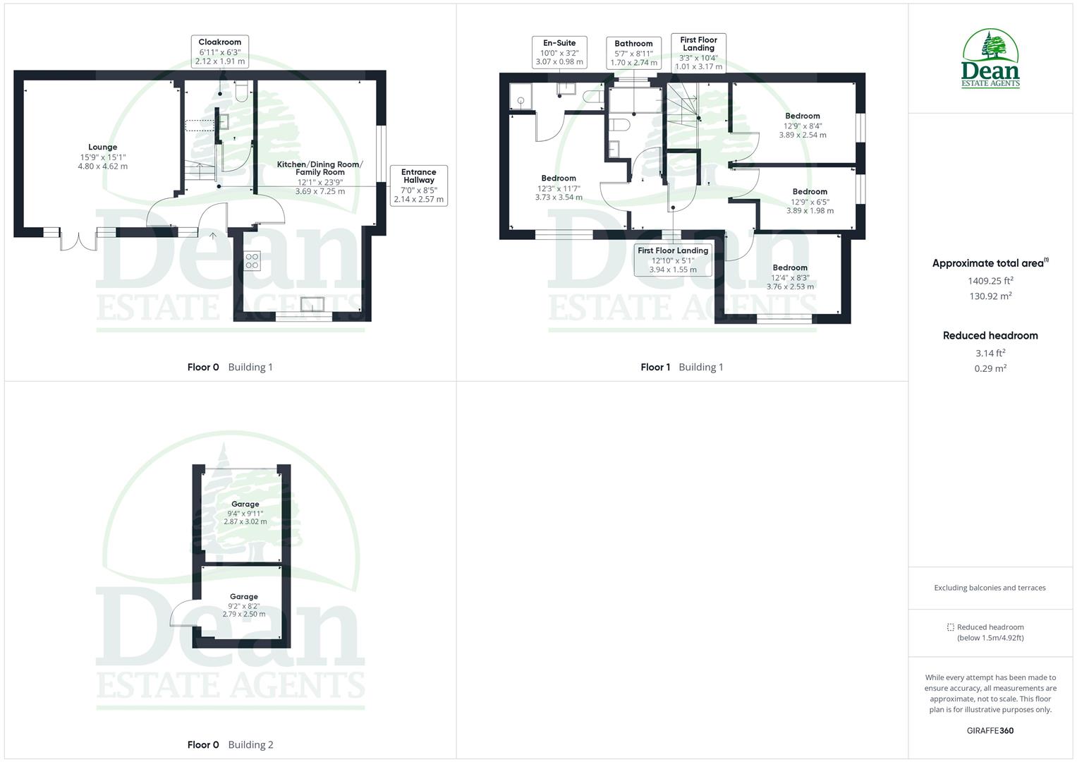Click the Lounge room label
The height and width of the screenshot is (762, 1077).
pyautogui.click(x=103, y=157)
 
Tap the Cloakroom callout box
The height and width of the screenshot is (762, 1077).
pyautogui.click(x=220, y=52)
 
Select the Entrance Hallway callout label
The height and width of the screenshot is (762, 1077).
pyautogui.click(x=419, y=186)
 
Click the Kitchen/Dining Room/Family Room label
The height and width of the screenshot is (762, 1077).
pyautogui.click(x=320, y=177)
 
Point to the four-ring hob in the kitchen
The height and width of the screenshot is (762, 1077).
pyautogui.click(x=252, y=261)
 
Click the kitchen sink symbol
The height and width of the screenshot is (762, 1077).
pyautogui.click(x=312, y=304)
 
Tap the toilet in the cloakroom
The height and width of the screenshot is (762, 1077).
pyautogui.click(x=241, y=92)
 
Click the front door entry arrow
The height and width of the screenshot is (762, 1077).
pyautogui.click(x=213, y=236)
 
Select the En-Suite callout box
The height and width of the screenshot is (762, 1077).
pyautogui.click(x=559, y=52)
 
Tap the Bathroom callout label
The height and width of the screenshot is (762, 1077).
pyautogui.click(x=633, y=53)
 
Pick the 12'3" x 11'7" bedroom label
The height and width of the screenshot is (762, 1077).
pyautogui.click(x=559, y=188)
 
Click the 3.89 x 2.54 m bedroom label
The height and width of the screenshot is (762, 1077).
pyautogui.click(x=803, y=126)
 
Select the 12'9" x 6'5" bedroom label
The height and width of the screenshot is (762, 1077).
pyautogui.click(x=810, y=201)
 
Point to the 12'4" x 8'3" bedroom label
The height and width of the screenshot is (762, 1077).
pyautogui.click(x=790, y=277)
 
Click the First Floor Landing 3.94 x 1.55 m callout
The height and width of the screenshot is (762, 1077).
pyautogui.click(x=673, y=260)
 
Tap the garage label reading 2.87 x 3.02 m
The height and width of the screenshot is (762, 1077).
pyautogui.click(x=245, y=513)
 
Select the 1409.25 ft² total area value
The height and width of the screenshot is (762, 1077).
pyautogui.click(x=990, y=280)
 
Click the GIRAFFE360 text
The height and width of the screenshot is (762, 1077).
pyautogui.click(x=990, y=730)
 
